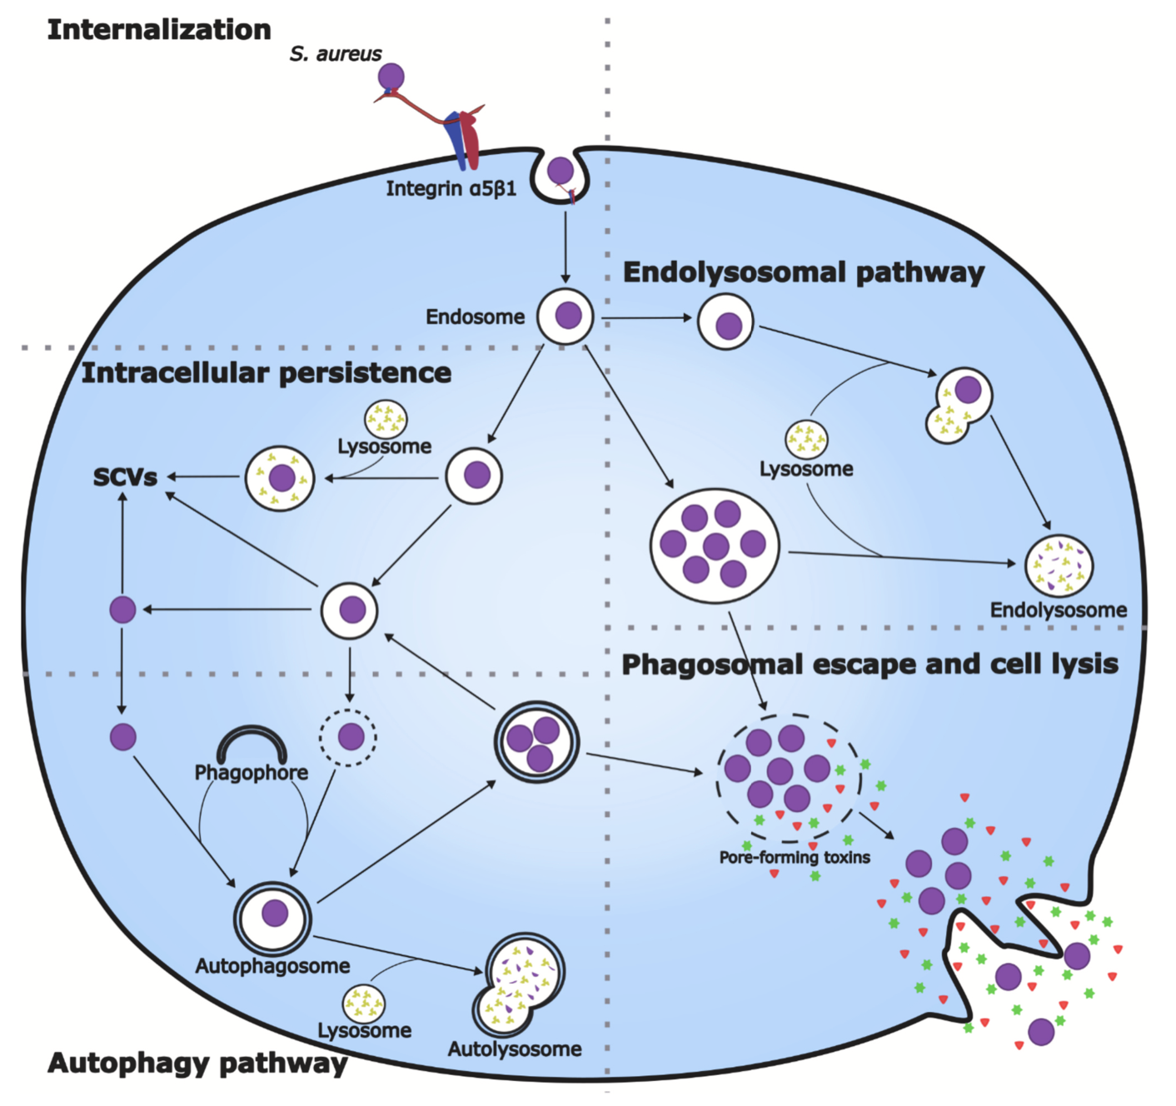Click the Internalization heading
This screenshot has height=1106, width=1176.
point(159,30)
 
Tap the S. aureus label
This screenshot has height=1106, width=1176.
point(336,54)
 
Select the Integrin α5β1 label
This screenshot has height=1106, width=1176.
point(451,189)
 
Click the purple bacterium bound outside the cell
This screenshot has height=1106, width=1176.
point(391,77)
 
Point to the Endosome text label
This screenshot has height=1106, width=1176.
point(475,317)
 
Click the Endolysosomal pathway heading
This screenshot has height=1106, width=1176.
point(804,273)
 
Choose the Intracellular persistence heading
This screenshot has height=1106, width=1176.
point(267,373)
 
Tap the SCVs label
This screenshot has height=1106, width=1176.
point(125,478)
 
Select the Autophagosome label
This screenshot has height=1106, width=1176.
point(272,966)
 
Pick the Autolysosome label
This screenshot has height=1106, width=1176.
point(515,1049)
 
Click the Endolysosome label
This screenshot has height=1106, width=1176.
point(1058,610)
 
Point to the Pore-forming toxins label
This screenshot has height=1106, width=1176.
point(795,858)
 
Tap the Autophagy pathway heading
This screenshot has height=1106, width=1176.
point(197,1064)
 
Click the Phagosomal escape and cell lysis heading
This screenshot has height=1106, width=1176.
point(870,665)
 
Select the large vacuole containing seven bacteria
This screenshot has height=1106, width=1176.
point(715,545)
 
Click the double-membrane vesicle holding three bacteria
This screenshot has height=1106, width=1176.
point(536,741)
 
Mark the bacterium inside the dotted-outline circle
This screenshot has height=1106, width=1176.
point(351,736)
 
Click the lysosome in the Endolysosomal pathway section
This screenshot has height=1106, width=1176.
point(806,439)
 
